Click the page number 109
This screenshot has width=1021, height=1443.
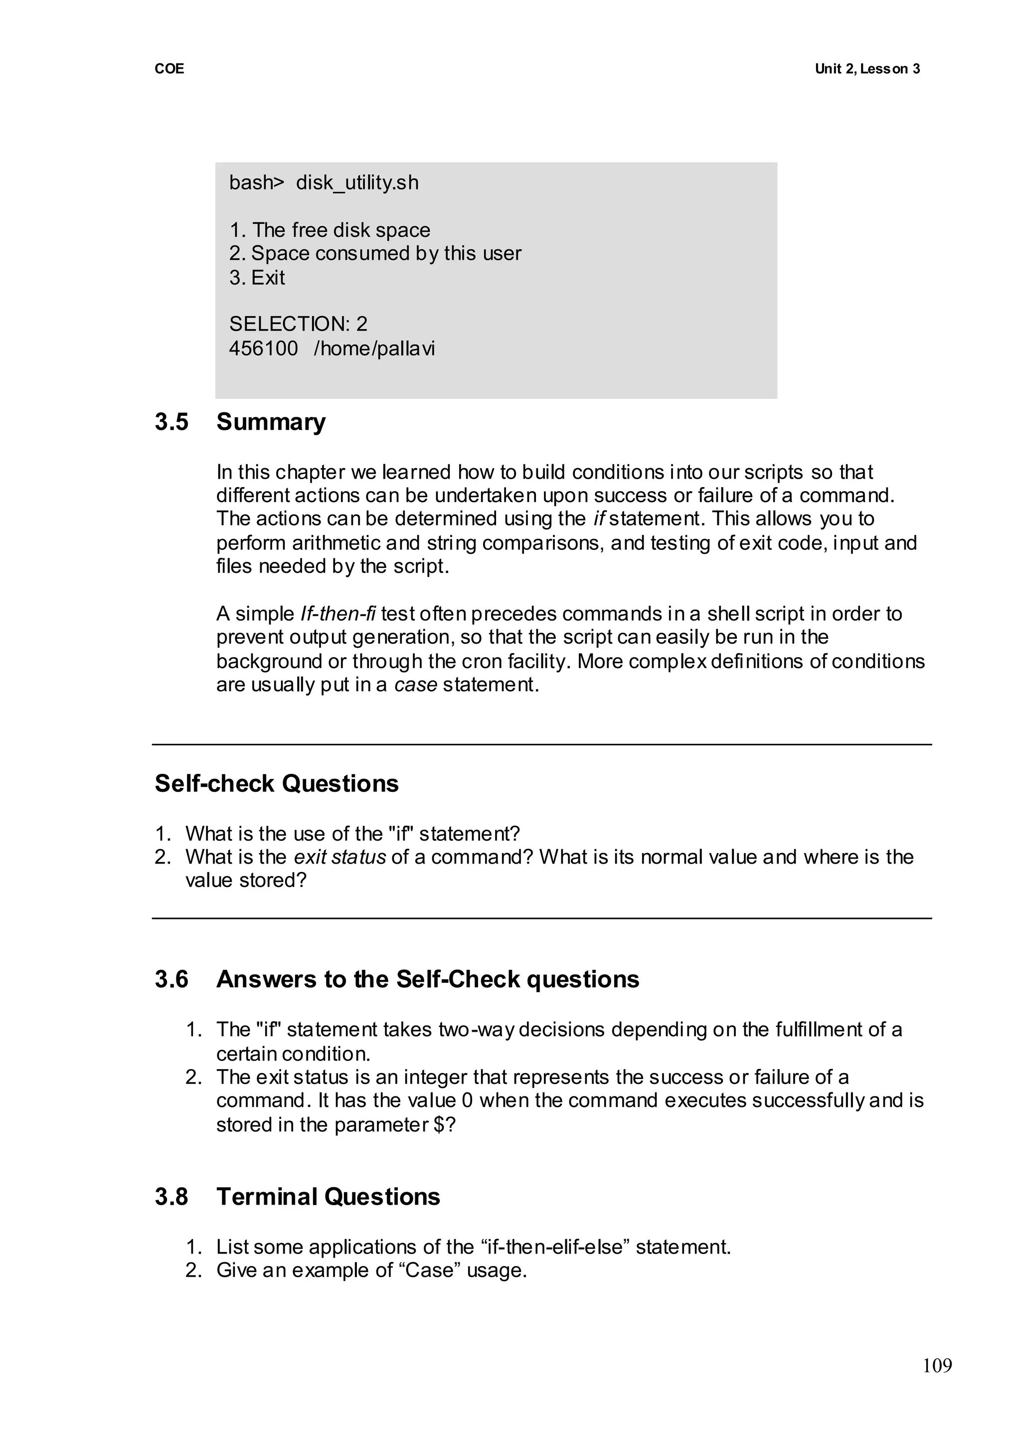(937, 1366)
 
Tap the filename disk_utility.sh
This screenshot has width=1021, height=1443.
(357, 183)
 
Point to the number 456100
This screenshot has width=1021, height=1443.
(263, 349)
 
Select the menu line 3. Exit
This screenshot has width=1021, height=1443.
(257, 277)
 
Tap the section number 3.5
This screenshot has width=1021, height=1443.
(171, 422)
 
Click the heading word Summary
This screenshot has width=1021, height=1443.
(271, 422)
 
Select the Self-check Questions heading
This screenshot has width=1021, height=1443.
(277, 784)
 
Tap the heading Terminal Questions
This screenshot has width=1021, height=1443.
(328, 1197)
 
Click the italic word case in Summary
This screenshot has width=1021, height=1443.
(416, 685)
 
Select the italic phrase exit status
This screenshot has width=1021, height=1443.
(340, 857)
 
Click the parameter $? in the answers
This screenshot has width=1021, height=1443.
(445, 1125)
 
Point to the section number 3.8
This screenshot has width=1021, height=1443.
(171, 1197)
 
